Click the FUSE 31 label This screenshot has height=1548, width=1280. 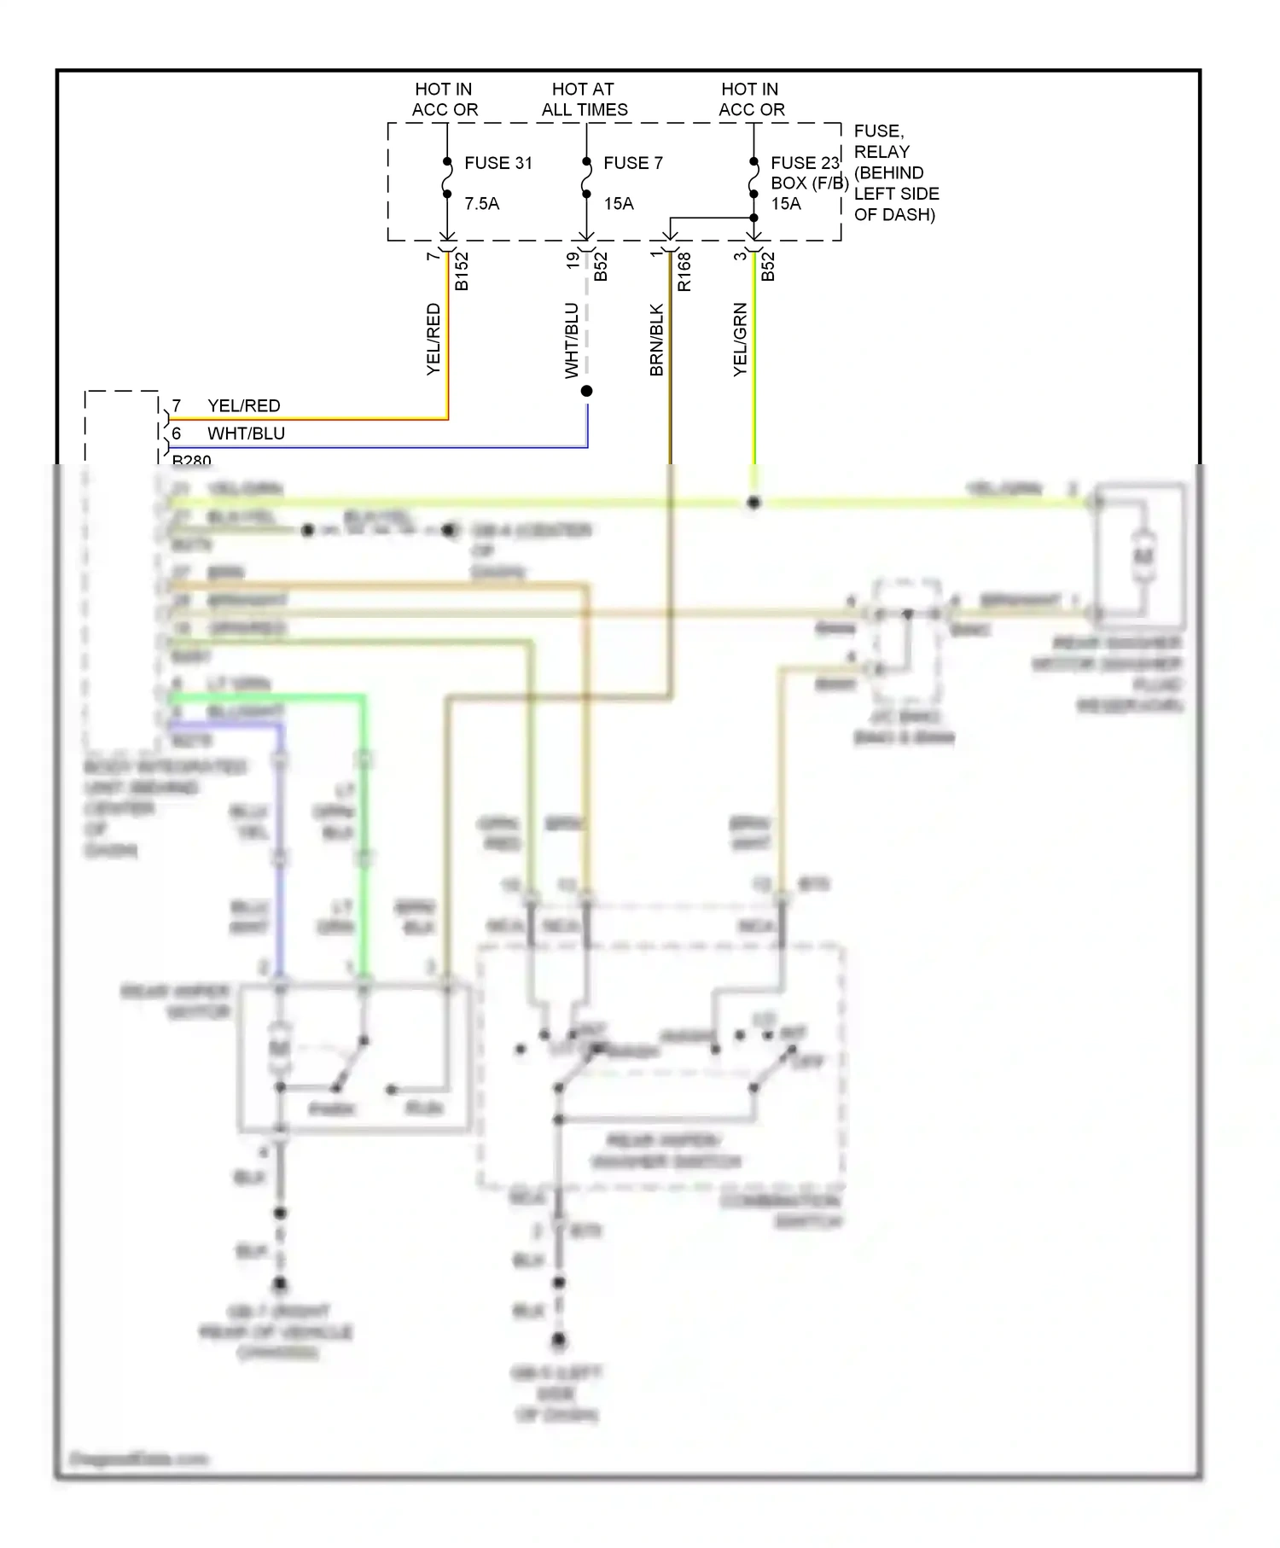(497, 163)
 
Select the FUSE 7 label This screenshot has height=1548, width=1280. (632, 163)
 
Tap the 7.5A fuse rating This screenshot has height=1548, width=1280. (481, 204)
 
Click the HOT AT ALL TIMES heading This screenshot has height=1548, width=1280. (584, 100)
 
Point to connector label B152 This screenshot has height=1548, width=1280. (462, 271)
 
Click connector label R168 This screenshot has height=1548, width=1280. (684, 271)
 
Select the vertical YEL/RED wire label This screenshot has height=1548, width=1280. (433, 339)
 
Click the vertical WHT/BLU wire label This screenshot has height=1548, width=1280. (572, 340)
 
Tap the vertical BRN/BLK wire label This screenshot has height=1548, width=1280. (656, 340)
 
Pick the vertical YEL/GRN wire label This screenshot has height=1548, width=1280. (740, 339)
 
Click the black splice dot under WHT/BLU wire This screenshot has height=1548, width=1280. (586, 391)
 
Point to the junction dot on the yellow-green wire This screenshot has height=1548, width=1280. (753, 503)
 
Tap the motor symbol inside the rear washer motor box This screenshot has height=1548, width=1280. (1143, 556)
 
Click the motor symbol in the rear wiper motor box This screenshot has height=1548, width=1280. (279, 1048)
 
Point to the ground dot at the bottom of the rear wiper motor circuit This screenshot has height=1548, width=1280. (279, 1284)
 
